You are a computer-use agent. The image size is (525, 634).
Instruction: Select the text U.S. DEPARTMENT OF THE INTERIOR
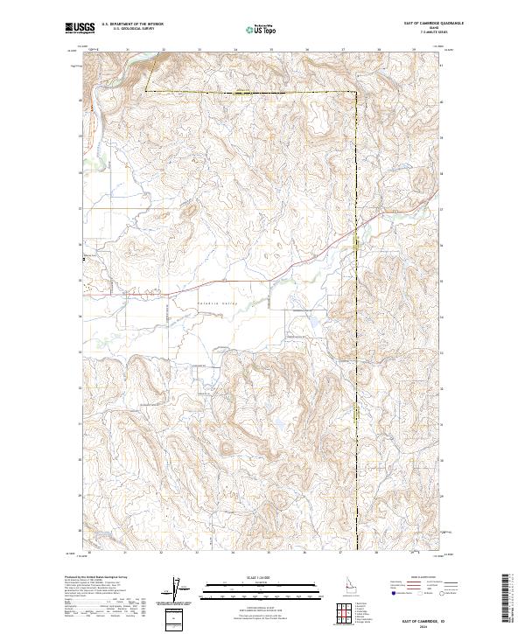(132, 25)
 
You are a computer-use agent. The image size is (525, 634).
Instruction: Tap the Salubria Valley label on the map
(217, 303)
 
